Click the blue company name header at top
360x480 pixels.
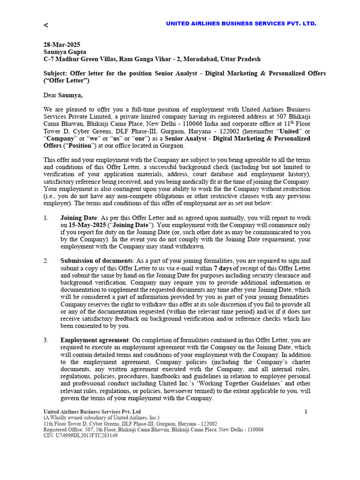[241, 23]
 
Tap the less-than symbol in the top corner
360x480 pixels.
[46, 25]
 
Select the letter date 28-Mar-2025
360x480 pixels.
[62, 45]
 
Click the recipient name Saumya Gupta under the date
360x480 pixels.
[65, 52]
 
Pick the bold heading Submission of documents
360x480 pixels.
[97, 261]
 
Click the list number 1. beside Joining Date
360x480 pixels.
[46, 218]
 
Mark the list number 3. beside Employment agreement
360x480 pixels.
[46, 340]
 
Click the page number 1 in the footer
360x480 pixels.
[306, 412]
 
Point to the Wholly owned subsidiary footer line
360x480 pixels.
[101, 418]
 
